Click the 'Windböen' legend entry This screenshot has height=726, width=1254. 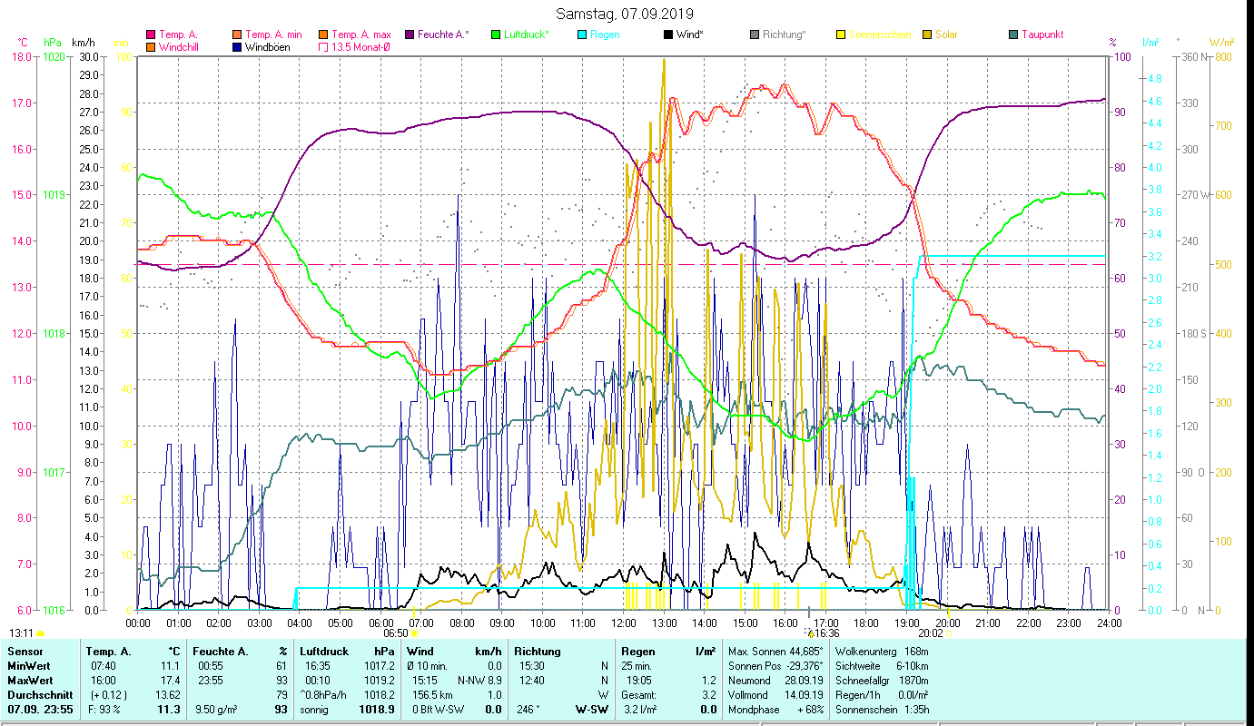pos(266,46)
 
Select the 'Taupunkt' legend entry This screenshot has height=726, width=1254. pos(1042,34)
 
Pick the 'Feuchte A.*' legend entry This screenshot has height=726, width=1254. pos(442,34)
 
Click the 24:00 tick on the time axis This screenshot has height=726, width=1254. pos(1109,623)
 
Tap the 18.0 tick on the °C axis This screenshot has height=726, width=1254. pos(22,56)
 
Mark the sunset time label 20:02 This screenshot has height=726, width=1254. pos(931,633)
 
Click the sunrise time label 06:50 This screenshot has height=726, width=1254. pos(396,633)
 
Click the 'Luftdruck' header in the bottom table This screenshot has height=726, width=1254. pos(324,652)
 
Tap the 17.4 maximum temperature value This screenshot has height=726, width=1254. pos(170,680)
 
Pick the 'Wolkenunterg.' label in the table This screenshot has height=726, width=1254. pos(864,652)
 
